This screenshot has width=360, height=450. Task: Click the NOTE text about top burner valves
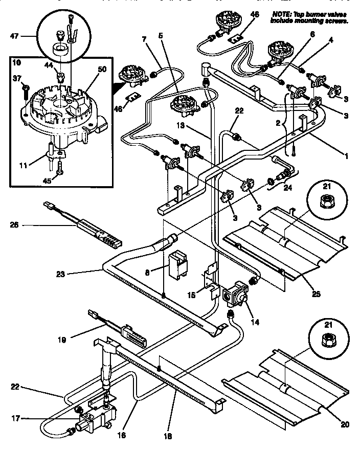pyautogui.click(x=310, y=18)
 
